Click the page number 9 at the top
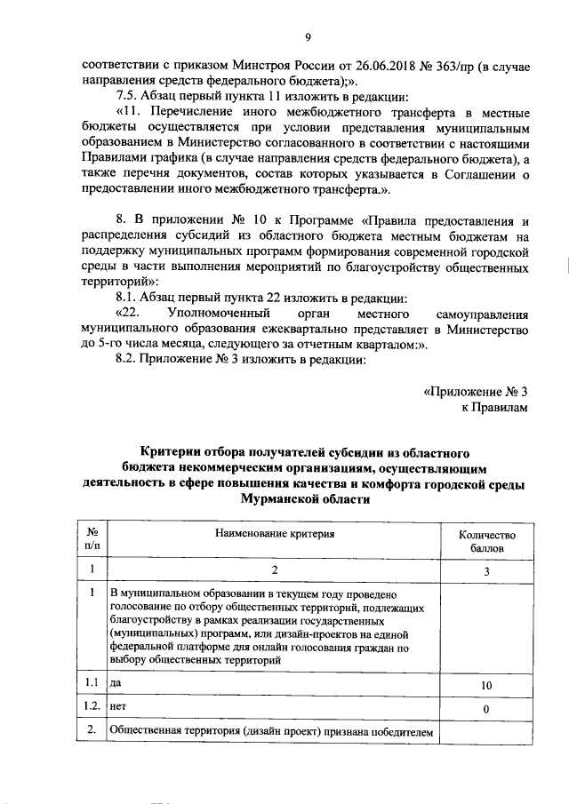(x=307, y=36)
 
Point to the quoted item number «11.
(x=129, y=112)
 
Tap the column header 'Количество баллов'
(x=486, y=542)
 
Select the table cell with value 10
(x=486, y=686)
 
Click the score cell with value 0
(x=486, y=709)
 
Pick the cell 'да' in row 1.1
(x=116, y=684)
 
